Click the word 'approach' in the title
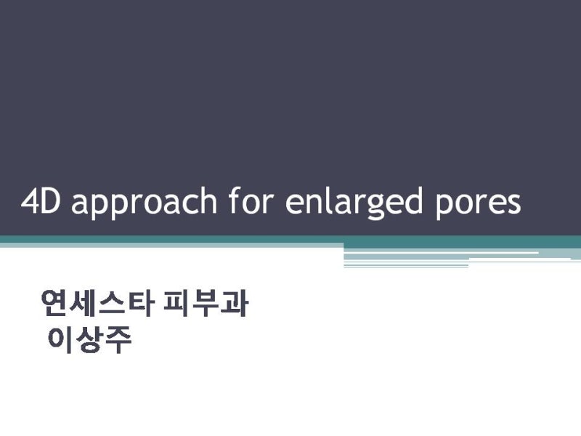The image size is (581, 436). click(144, 203)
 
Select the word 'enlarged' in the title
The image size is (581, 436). click(354, 203)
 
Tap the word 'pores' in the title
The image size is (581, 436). click(478, 205)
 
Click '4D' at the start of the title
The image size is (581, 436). click(41, 202)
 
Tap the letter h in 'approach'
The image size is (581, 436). click(208, 201)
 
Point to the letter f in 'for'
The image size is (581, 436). click(235, 201)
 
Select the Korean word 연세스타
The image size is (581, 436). click(97, 304)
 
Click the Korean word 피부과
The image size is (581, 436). click(206, 304)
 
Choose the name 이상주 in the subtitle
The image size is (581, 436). click(89, 340)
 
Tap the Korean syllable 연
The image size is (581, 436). click(55, 304)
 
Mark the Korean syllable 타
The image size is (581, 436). click(139, 304)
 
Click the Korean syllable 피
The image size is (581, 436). click(176, 304)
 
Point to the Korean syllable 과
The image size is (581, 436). click(234, 304)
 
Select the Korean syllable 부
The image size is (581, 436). click(205, 304)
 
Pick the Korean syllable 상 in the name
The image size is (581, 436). click(89, 340)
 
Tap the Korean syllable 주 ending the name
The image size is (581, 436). click(118, 340)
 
